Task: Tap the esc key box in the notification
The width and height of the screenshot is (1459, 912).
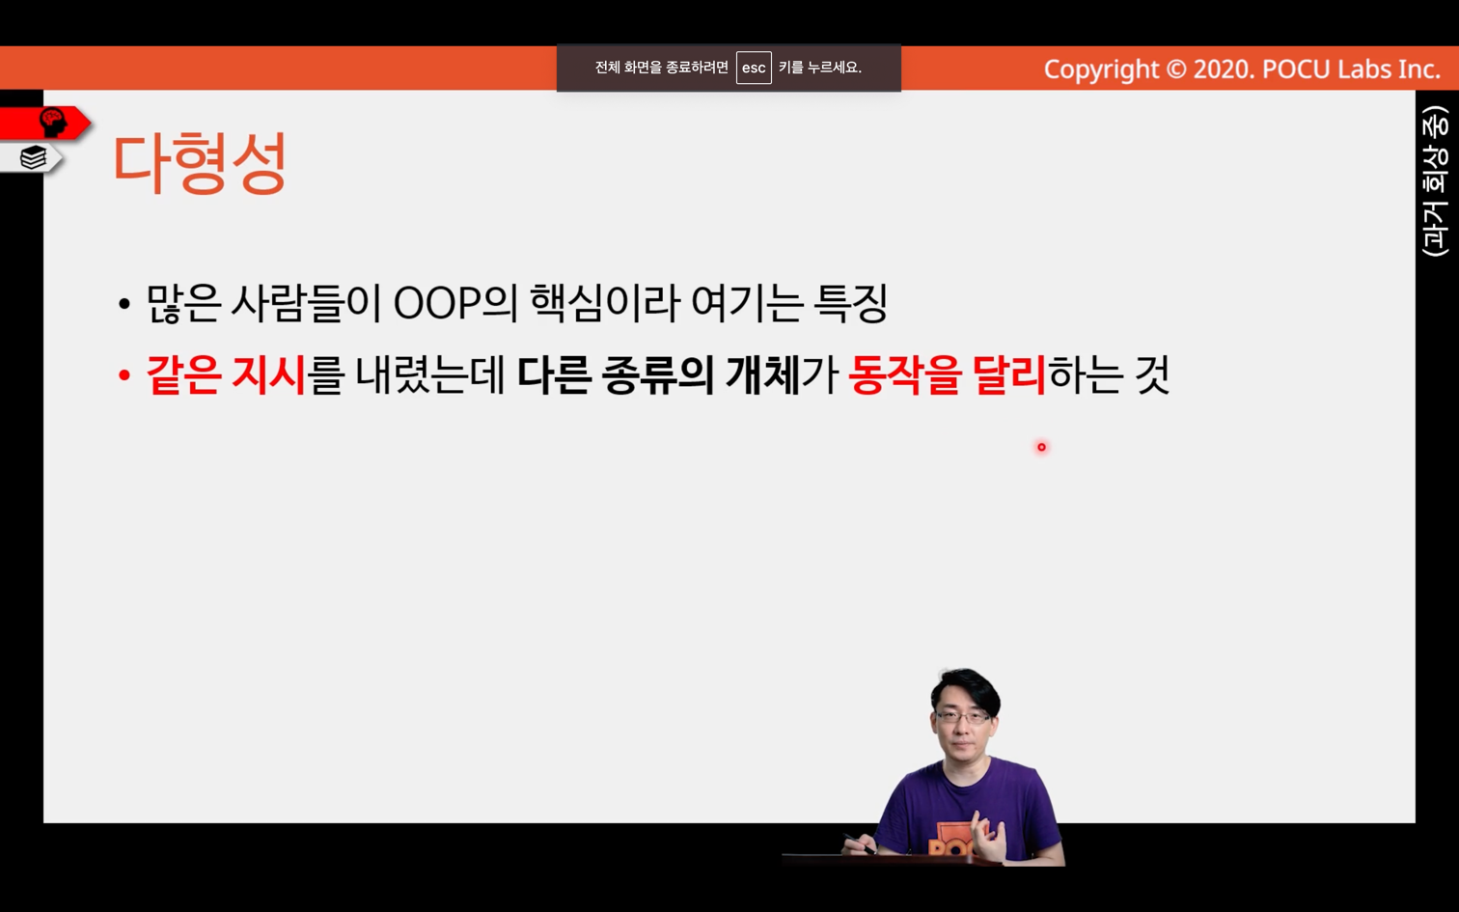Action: tap(754, 68)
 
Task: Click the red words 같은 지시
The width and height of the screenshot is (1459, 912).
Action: tap(226, 375)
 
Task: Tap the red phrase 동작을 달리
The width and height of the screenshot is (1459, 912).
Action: tap(947, 375)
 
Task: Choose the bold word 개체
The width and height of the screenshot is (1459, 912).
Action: tap(762, 375)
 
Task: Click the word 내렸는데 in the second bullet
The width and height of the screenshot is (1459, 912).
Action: tap(430, 375)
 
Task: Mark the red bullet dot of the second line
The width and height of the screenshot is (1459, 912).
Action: tap(124, 375)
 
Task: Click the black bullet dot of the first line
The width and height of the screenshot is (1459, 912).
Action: tap(124, 304)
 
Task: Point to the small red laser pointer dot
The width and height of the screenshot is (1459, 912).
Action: tap(1041, 447)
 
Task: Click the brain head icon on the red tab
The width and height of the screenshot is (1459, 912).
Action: tap(53, 122)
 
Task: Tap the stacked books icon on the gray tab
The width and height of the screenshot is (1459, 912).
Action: tap(33, 157)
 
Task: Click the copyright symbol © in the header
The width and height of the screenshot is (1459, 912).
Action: tap(1175, 69)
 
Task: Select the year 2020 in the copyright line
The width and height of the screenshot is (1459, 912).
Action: tap(1222, 69)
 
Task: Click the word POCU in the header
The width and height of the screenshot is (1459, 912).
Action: tap(1296, 69)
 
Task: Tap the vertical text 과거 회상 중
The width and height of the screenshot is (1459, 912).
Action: tap(1436, 181)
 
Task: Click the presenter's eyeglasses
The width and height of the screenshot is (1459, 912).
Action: tap(963, 717)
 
